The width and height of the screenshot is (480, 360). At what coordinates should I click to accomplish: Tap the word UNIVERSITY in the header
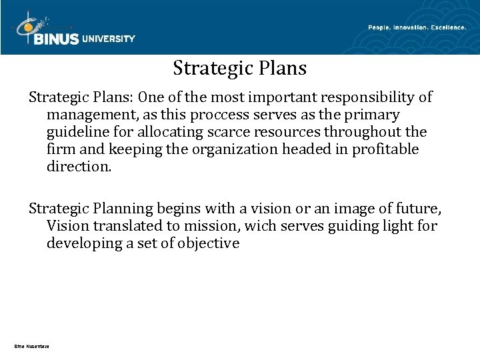pos(109,39)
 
